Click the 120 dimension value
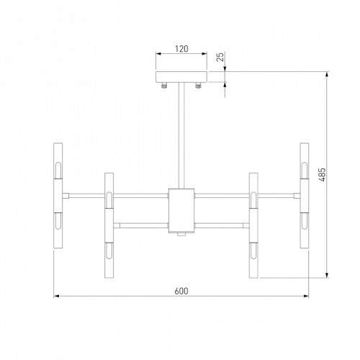coord(181,49)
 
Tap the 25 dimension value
coord(220,57)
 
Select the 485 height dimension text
coord(323,174)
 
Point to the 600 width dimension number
coord(181,291)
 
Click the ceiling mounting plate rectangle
coord(181,77)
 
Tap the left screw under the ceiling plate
coord(164,85)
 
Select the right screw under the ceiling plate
coord(198,85)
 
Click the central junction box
coord(181,210)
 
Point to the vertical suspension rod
coord(181,135)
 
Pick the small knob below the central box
coord(181,235)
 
